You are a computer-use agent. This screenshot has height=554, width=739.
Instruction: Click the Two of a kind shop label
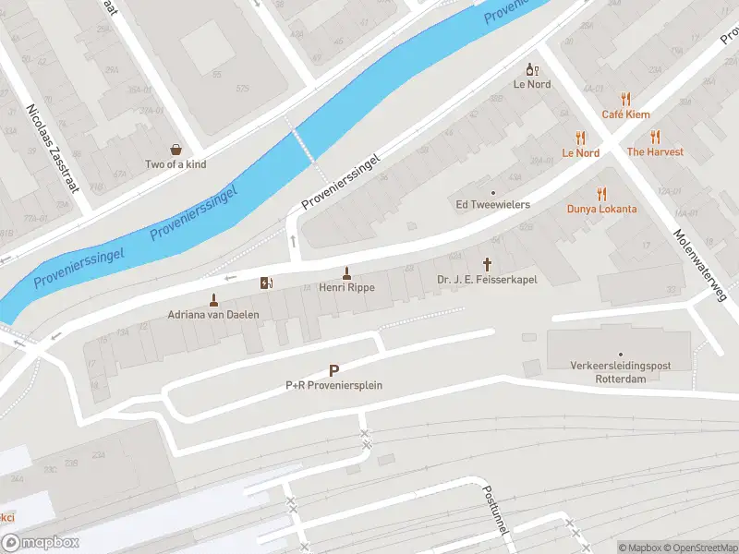176,164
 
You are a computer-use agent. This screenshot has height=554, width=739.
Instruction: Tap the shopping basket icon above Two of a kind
176,149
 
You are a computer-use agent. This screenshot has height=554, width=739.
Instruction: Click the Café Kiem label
625,114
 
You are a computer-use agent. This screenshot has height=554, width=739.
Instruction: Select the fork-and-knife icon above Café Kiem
625,98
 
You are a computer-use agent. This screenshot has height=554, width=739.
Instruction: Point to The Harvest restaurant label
655,151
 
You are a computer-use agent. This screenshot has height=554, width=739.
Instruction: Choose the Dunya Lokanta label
601,209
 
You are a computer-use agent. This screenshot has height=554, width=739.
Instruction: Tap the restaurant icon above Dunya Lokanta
602,193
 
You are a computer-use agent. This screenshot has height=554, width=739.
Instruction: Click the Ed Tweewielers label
492,204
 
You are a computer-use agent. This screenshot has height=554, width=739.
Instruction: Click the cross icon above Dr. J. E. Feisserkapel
487,263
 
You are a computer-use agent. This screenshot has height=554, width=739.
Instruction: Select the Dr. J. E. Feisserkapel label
487,279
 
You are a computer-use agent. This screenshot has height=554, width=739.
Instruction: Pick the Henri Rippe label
346,288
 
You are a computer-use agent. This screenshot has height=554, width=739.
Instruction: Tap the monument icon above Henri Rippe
346,272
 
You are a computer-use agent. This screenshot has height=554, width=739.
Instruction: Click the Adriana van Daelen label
213,314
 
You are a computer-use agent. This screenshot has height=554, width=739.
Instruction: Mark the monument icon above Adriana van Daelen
213,298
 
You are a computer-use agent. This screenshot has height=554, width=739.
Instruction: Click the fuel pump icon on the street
267,283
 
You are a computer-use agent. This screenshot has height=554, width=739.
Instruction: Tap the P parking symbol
333,369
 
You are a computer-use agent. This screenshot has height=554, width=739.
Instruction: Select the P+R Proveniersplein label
333,385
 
